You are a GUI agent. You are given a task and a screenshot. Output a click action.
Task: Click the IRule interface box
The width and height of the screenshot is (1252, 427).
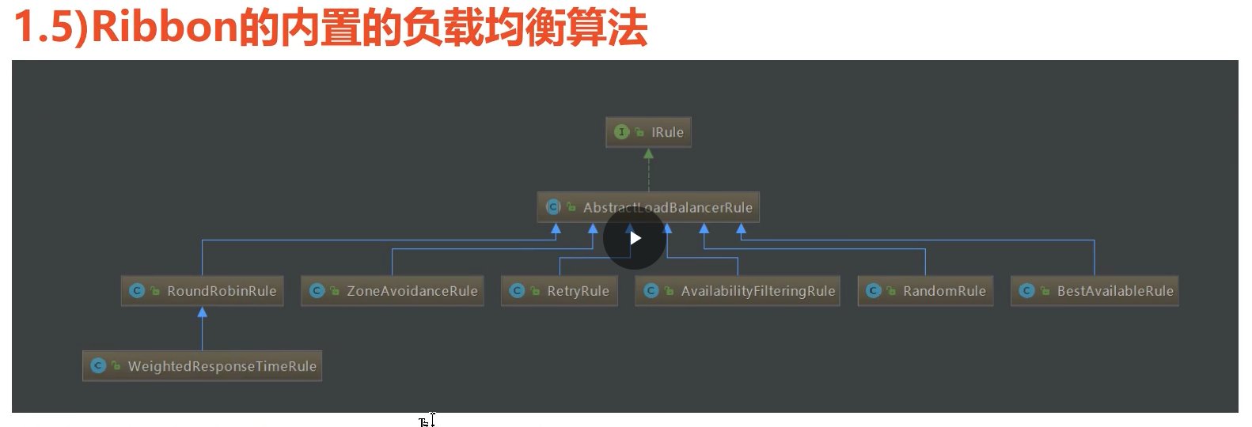point(648,132)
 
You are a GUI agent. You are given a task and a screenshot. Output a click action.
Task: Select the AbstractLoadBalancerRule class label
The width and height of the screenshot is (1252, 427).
point(667,208)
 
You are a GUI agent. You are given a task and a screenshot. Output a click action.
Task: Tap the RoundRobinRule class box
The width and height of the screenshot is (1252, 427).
point(203,291)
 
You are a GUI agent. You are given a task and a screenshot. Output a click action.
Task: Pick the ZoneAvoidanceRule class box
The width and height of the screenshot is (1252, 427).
point(393,291)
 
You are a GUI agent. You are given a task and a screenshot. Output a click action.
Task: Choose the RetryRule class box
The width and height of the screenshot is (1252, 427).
point(560,291)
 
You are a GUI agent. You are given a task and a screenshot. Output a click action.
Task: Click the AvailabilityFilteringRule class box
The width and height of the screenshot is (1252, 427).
point(738,291)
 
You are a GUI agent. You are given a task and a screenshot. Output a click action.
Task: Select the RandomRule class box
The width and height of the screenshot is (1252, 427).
point(926,291)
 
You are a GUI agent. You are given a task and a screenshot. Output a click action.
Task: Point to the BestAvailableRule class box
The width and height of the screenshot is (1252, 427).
point(1095,291)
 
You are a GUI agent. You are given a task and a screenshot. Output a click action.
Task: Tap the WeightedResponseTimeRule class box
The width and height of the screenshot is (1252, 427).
point(203,366)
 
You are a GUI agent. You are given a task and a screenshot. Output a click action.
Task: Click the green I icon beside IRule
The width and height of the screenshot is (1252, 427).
point(621,132)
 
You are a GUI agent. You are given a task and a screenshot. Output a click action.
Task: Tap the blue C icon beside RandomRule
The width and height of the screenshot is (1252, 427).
point(874,291)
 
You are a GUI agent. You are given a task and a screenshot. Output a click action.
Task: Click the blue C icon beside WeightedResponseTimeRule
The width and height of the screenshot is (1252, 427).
point(98,366)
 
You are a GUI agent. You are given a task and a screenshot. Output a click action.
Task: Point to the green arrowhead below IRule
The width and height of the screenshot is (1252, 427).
point(648,154)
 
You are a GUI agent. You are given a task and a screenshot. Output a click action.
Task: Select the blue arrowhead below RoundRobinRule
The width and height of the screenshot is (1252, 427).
point(203,312)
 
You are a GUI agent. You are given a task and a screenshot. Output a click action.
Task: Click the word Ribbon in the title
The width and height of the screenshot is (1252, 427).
point(165,28)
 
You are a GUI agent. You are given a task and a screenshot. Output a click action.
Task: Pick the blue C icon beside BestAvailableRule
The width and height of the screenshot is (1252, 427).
point(1026,291)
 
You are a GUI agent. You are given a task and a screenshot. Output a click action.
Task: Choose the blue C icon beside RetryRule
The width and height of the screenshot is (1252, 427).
point(517,291)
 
